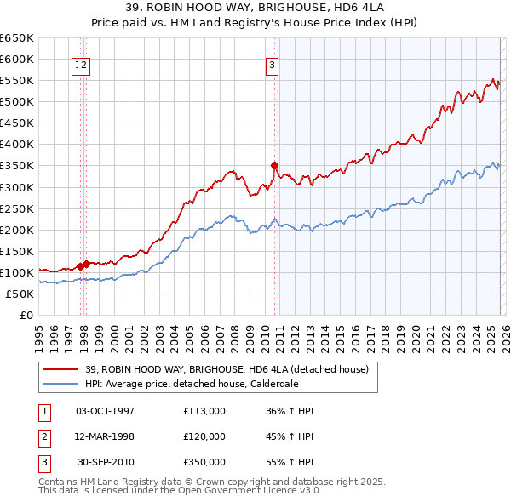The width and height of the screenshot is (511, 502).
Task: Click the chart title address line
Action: point(255,8)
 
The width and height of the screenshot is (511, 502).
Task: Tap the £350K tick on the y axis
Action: point(18,166)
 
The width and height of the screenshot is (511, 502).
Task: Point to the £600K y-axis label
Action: point(18,59)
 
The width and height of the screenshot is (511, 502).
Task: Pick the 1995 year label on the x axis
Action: point(39,331)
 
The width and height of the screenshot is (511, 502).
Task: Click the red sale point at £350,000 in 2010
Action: point(274,165)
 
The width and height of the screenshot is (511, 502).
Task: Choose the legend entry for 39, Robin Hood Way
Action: point(226,368)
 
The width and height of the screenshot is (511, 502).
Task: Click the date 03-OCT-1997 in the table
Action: point(105,411)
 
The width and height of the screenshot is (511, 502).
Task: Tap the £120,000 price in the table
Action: point(204,436)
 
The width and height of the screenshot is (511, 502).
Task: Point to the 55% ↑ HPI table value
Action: point(290,462)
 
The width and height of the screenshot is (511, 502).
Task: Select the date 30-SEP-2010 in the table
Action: point(105,462)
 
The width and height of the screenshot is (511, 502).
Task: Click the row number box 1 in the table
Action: point(43,411)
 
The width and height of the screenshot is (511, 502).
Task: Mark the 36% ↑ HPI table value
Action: point(290,411)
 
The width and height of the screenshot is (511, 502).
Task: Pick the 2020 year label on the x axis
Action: point(414,331)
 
